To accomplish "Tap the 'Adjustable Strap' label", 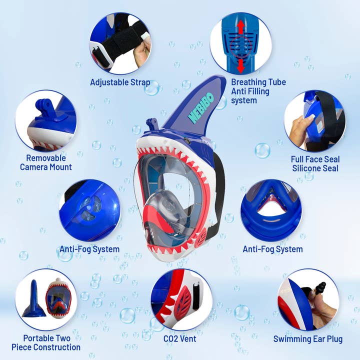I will click(x=120, y=82).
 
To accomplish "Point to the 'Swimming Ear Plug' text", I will click(x=307, y=339).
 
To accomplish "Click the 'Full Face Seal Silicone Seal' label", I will click(x=315, y=163).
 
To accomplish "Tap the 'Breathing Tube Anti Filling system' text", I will click(x=258, y=91).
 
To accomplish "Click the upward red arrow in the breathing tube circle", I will click(x=241, y=26).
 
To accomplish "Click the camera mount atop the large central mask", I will click(x=152, y=125).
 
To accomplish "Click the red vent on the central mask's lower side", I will click(x=201, y=239).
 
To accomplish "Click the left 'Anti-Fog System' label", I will click(x=89, y=249).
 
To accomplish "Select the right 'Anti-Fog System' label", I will click(x=272, y=249).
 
